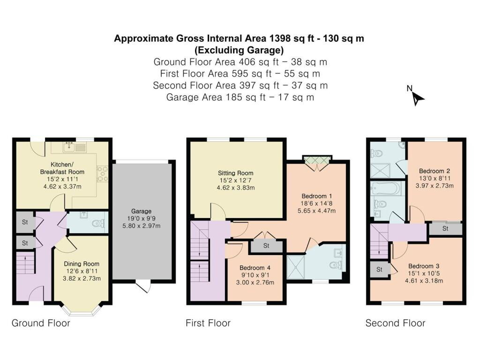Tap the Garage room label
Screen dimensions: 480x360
pyautogui.click(x=141, y=211)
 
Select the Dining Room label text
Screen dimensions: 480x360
pyautogui.click(x=82, y=264)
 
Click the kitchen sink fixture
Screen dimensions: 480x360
pyautogui.click(x=75, y=147)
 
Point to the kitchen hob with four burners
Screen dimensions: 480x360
pyautogui.click(x=102, y=174)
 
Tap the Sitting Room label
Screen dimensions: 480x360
pyautogui.click(x=235, y=173)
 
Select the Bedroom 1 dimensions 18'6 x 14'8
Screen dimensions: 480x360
pyautogui.click(x=316, y=203)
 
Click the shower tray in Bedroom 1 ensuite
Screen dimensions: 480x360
pyautogui.click(x=296, y=267)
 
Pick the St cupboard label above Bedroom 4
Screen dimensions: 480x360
pyautogui.click(x=266, y=246)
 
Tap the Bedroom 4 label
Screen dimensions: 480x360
pyautogui.click(x=255, y=268)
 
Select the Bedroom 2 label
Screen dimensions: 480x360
pyautogui.click(x=435, y=171)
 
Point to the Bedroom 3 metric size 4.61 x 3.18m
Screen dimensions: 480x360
pyautogui.click(x=424, y=281)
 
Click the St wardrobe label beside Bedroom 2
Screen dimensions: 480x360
pyautogui.click(x=445, y=229)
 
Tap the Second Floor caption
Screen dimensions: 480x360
pyautogui.click(x=395, y=323)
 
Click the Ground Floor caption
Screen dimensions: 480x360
pyautogui.click(x=41, y=323)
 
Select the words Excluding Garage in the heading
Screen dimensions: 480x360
pyautogui.click(x=239, y=50)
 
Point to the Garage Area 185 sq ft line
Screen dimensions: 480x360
pyautogui.click(x=240, y=97)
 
